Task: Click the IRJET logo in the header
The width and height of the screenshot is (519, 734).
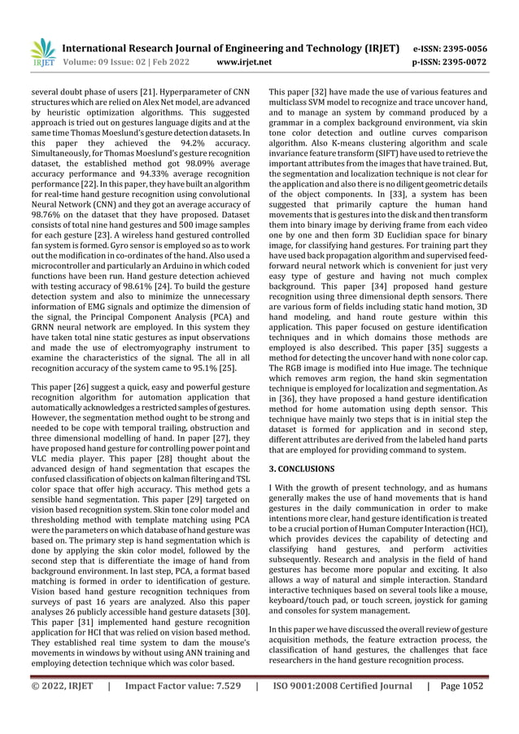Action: (42, 53)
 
